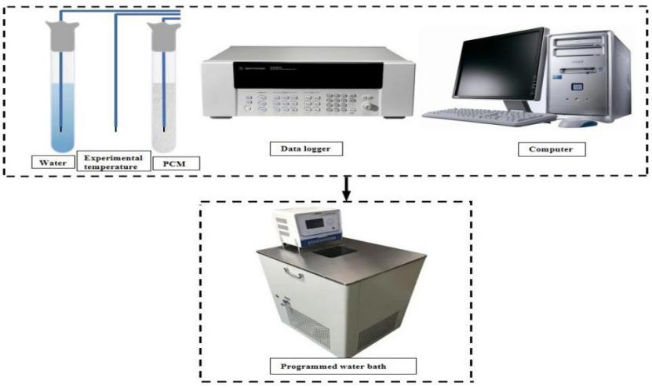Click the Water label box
[x=53, y=163]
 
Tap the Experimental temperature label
[x=114, y=162]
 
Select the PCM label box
[x=176, y=163]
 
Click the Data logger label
[x=306, y=148]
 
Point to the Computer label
[x=552, y=149]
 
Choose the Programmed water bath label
[x=343, y=366]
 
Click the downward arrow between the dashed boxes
[x=346, y=189]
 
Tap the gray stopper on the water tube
[x=62, y=36]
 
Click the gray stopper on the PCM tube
[x=165, y=37]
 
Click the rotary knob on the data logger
[x=370, y=106]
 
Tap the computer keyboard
[x=489, y=116]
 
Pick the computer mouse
[x=577, y=123]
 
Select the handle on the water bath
[x=293, y=273]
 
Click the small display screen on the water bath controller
[x=315, y=224]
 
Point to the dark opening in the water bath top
[x=335, y=251]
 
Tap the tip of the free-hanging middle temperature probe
[x=115, y=130]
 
